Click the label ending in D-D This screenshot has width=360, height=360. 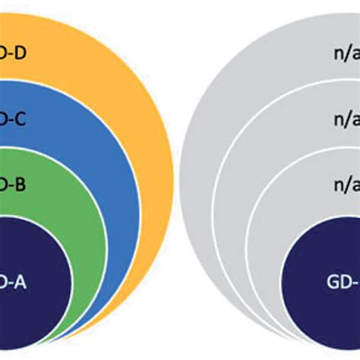[x=14, y=54]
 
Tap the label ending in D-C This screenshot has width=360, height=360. [x=14, y=121]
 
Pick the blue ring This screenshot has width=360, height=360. [x=99, y=152]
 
